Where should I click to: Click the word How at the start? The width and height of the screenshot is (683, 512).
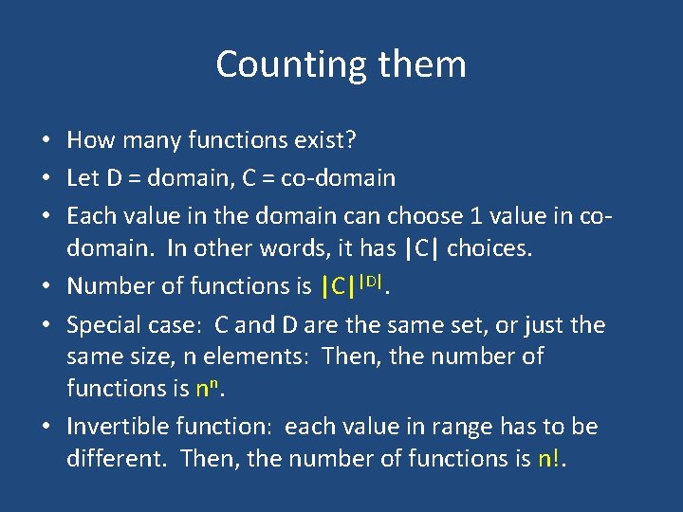(89, 141)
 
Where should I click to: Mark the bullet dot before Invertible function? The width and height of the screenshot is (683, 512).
(46, 428)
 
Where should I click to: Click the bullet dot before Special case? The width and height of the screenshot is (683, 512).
(46, 326)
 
